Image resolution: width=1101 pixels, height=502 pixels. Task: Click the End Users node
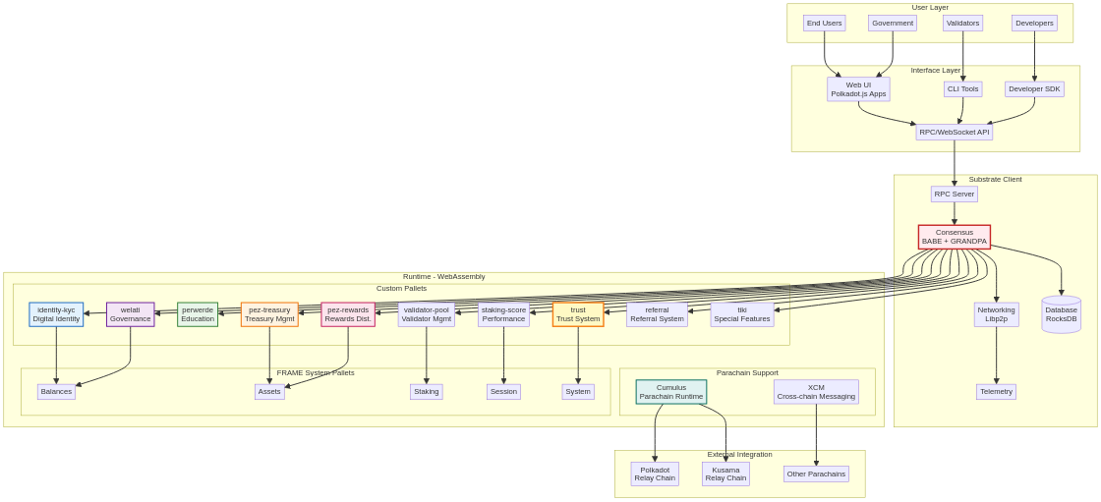click(x=824, y=23)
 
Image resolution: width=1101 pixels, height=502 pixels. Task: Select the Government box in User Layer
click(x=893, y=23)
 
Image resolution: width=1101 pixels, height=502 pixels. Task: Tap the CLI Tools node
click(x=962, y=88)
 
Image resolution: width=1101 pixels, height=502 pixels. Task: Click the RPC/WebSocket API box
click(x=954, y=132)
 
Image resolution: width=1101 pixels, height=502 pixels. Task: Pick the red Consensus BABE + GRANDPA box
click(x=954, y=237)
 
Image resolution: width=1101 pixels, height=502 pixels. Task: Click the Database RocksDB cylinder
click(x=1061, y=314)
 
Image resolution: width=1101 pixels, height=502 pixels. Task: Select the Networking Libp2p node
click(x=996, y=314)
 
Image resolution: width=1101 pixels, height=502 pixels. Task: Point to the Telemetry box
click(x=996, y=391)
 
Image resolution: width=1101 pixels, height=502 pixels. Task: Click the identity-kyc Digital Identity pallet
click(x=56, y=314)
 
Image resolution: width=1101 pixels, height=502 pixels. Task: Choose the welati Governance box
click(x=130, y=314)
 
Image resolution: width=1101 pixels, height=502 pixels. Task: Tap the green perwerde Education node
click(x=198, y=314)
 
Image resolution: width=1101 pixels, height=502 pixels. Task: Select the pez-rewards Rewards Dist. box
click(x=348, y=314)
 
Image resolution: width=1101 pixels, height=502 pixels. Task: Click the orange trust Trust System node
click(x=578, y=314)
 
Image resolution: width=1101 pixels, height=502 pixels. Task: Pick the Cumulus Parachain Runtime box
click(x=670, y=392)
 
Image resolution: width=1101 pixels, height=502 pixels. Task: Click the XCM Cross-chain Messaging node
click(x=816, y=392)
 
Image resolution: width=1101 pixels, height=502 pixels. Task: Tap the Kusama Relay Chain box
click(x=725, y=474)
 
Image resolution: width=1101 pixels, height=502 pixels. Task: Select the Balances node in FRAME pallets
click(x=56, y=391)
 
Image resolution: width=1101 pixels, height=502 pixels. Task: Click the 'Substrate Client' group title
click(x=995, y=180)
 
